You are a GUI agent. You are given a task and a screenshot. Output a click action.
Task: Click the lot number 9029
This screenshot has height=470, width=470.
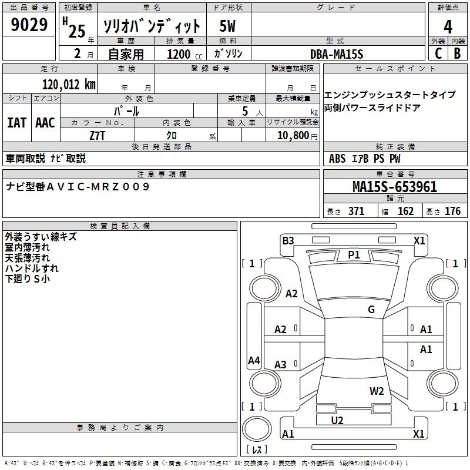coord(29,25)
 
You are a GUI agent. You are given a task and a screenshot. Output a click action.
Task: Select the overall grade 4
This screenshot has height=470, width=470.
coord(448,26)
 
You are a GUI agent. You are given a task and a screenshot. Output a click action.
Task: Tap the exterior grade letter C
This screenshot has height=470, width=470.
coord(438,53)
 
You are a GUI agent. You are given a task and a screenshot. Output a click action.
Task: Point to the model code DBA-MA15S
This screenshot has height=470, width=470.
coord(337,54)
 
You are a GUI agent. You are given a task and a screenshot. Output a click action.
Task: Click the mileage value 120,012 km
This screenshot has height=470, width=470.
coord(69,85)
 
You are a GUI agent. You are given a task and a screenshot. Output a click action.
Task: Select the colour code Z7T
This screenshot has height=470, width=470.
coord(98,136)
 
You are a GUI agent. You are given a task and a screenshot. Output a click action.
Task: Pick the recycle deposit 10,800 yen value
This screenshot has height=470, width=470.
coord(297,136)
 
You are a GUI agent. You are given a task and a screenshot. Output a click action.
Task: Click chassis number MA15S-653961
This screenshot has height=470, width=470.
coord(395,187)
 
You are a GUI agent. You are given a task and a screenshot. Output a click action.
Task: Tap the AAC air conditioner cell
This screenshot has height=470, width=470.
coord(45,123)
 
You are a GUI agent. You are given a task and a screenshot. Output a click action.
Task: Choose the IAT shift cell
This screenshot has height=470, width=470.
coord(17,123)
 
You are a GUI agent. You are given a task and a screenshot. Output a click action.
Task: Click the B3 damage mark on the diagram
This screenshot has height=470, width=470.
coord(288,241)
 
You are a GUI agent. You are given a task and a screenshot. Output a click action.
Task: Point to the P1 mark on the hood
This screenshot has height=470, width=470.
coord(354,255)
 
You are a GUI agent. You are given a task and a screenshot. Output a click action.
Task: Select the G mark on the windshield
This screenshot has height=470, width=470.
coord(371,309)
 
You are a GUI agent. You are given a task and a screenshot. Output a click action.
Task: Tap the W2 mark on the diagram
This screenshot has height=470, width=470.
coord(377,391)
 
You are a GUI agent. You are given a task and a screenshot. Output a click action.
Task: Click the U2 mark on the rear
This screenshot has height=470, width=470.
coord(337,420)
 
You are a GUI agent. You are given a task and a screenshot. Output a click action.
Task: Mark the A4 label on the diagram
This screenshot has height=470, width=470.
coord(254,360)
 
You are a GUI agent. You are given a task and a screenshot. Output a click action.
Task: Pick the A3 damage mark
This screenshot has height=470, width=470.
coord(280,364)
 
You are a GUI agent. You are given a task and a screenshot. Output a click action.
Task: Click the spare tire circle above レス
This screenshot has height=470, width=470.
coord(257,429)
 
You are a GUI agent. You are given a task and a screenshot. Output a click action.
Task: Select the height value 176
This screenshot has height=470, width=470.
coord(452,211)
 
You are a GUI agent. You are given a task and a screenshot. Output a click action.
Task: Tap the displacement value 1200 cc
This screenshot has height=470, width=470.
coord(184,54)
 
